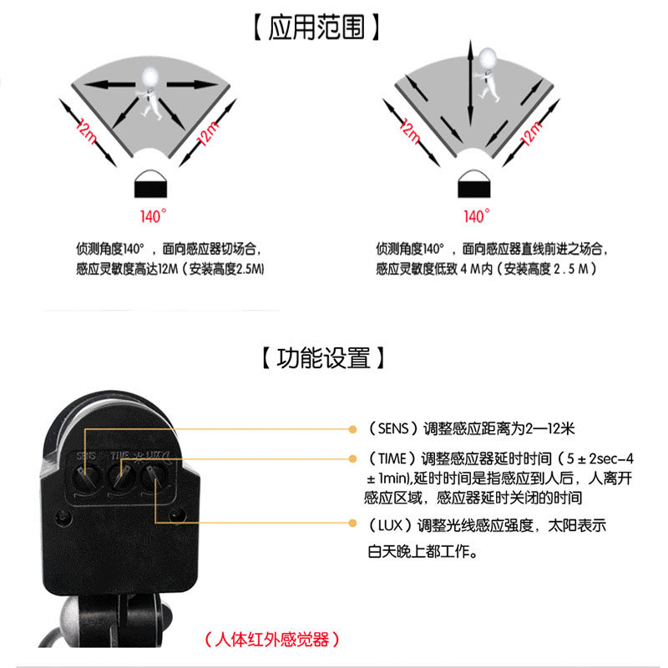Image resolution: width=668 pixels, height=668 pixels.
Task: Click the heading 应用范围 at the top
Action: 318,28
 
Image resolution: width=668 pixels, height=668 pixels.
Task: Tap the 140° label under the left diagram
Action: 152,216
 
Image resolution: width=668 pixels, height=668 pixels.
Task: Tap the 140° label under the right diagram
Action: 474,216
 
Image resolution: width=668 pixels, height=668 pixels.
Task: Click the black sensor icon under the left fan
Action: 151,181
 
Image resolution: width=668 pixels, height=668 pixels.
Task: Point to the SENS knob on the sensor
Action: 86,479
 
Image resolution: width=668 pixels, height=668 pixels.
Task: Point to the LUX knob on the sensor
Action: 154,479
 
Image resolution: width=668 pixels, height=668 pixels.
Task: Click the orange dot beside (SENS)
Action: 353,429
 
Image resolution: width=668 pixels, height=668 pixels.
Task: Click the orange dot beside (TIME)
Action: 353,458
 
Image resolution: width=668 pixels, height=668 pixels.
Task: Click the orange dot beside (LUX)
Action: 353,525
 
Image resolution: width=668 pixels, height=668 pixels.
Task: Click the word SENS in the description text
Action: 392,429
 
